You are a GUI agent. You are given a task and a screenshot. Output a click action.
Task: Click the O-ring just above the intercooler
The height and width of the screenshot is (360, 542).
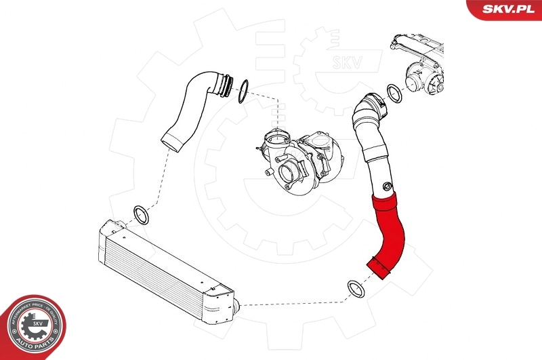pyautogui.click(x=141, y=215)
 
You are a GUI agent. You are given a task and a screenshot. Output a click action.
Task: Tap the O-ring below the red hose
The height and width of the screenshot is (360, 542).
pyautogui.click(x=356, y=289)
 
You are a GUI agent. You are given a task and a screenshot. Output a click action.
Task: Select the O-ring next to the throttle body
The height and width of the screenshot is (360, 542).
pyautogui.click(x=394, y=93)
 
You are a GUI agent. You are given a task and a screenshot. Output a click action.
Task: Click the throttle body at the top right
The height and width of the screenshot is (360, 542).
pyautogui.click(x=423, y=75)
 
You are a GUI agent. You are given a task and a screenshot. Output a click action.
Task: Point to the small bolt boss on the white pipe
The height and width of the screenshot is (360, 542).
pyautogui.click(x=387, y=187)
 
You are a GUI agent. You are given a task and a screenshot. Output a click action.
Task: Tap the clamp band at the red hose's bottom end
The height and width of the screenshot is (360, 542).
pyautogui.click(x=378, y=268)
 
